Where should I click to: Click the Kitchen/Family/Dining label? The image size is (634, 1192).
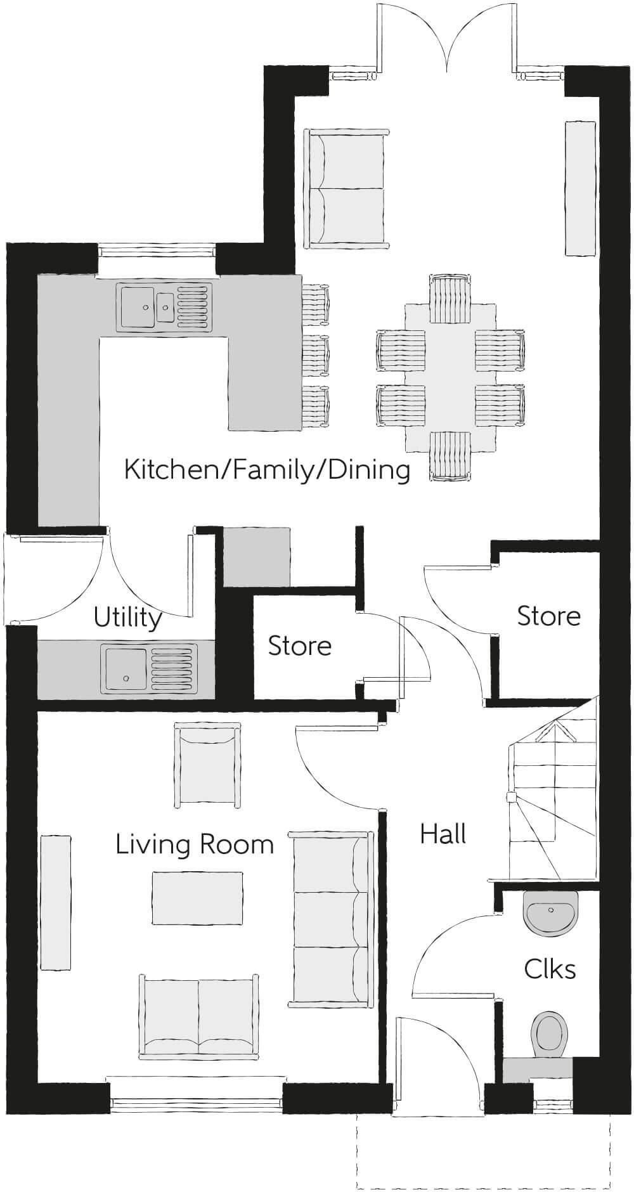click(x=267, y=470)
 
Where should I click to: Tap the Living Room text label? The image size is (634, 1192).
click(x=195, y=845)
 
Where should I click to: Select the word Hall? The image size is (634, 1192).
click(x=443, y=834)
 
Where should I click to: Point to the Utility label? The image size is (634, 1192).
click(x=127, y=617)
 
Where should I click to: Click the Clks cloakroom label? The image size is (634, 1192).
click(x=550, y=969)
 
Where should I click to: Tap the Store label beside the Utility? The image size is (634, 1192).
click(x=300, y=646)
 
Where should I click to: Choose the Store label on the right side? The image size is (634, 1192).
click(x=549, y=616)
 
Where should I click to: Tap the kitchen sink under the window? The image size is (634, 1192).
click(x=162, y=307)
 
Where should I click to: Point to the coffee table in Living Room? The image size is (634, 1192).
click(x=198, y=898)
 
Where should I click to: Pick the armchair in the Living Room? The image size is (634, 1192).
click(x=207, y=767)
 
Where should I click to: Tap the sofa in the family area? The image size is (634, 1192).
click(x=346, y=188)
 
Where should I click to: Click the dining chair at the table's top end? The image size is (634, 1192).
click(x=450, y=298)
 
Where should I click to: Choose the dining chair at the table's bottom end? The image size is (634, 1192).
click(x=450, y=456)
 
